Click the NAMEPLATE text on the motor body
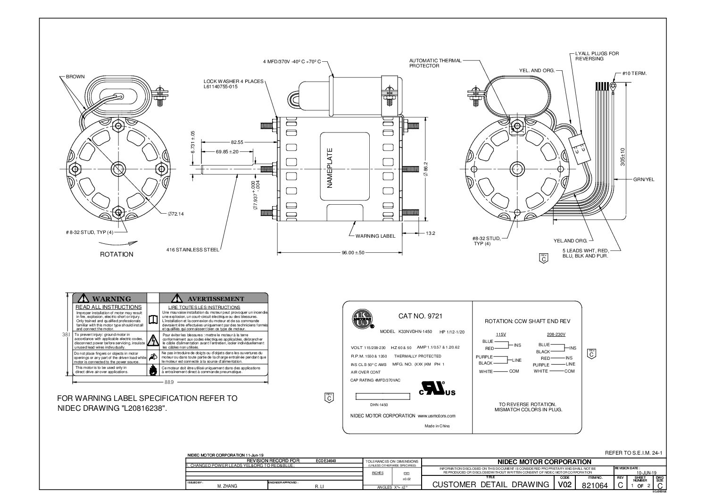[x=330, y=168]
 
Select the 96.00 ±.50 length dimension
[x=353, y=253]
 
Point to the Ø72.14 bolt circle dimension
[x=176, y=214]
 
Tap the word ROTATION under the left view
[x=116, y=254]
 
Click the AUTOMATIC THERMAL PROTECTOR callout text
[x=435, y=63]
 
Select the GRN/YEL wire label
[x=644, y=180]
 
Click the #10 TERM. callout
[x=634, y=74]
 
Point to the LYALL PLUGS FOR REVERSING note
[x=597, y=56]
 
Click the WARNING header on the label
[x=111, y=299]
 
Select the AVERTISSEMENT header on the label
[x=216, y=299]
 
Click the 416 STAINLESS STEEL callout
[x=192, y=249]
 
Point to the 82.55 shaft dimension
[x=237, y=142]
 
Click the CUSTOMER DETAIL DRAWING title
[x=490, y=484]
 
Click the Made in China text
[x=437, y=426]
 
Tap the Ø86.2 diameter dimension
[x=426, y=169]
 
